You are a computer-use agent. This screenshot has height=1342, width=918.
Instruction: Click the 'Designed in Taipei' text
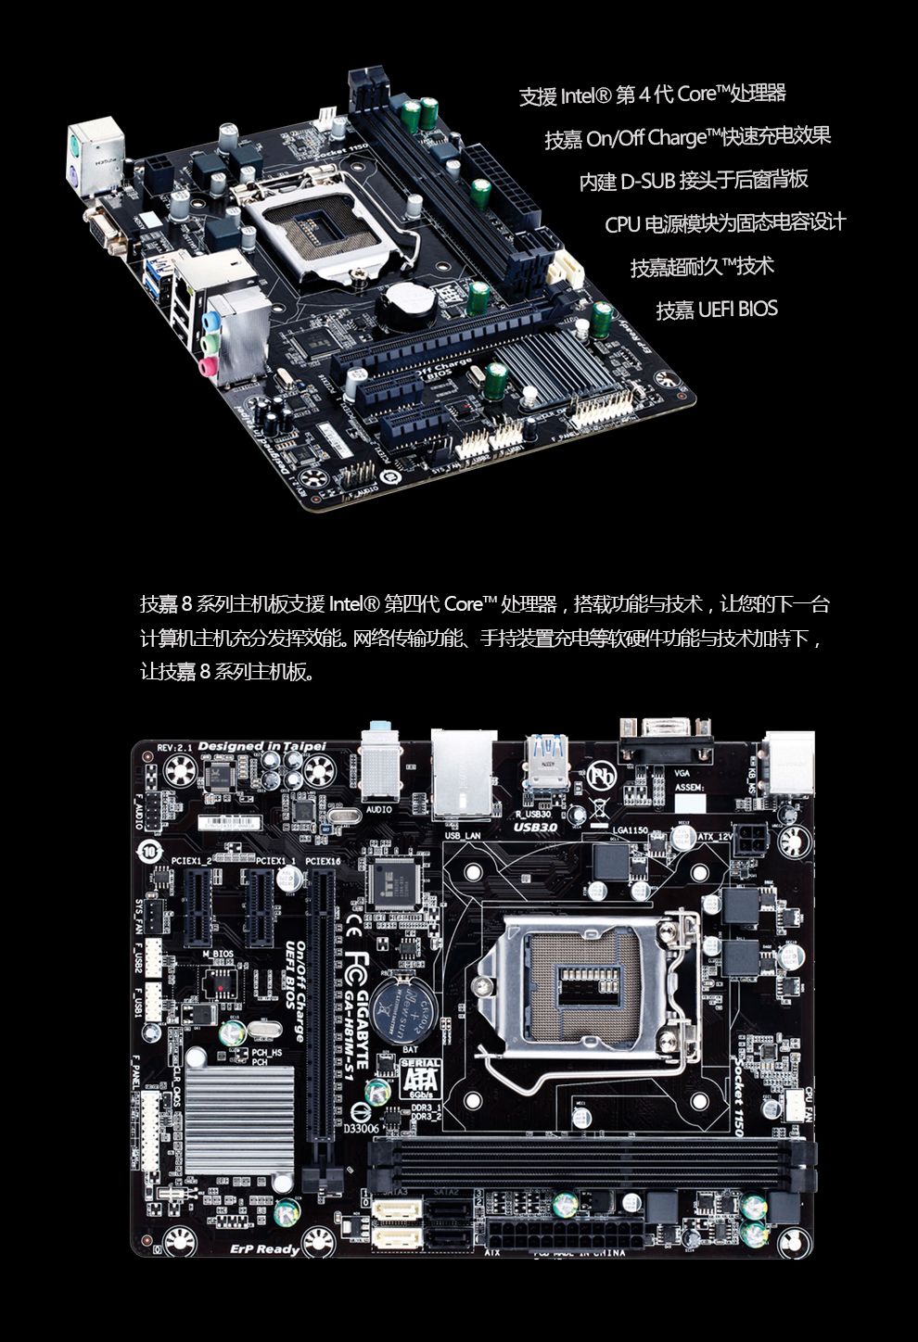tap(261, 746)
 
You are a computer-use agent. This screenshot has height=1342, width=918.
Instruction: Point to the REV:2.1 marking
tap(174, 747)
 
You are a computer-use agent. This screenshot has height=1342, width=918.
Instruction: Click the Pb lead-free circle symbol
tap(601, 776)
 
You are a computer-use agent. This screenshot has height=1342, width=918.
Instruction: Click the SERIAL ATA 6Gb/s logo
tap(420, 1079)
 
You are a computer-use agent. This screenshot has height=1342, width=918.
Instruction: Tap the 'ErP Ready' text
tap(264, 1249)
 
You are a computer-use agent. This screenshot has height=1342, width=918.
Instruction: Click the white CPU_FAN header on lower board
tap(795, 1103)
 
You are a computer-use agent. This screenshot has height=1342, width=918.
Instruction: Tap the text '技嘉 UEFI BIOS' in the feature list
tap(716, 310)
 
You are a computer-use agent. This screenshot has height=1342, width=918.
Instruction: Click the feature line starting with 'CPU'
tap(724, 223)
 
